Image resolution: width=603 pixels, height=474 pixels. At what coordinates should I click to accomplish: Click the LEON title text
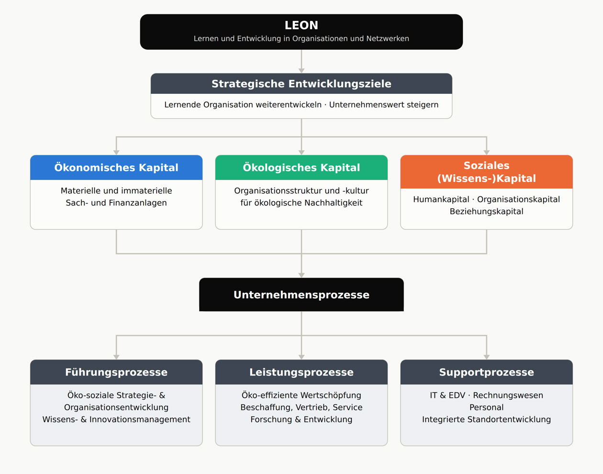[x=301, y=25]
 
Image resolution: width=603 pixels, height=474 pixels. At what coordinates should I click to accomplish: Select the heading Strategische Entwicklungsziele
[x=301, y=84]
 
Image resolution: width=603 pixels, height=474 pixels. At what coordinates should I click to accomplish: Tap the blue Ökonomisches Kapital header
[x=116, y=168]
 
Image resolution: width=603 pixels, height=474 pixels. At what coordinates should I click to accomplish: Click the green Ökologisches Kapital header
[x=301, y=168]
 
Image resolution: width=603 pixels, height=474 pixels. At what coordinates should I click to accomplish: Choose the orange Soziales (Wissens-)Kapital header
[x=486, y=172]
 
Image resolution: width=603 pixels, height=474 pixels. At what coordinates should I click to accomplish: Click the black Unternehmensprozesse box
[x=301, y=294]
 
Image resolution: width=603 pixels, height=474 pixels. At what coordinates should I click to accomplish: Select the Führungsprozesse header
[x=116, y=372]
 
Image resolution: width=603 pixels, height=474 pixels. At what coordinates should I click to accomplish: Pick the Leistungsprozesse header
[x=301, y=372]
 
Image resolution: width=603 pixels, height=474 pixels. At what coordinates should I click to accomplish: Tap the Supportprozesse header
[x=486, y=372]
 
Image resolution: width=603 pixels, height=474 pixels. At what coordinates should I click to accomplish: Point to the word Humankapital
[x=441, y=199]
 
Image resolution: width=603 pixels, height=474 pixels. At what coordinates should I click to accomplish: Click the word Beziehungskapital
[x=486, y=212]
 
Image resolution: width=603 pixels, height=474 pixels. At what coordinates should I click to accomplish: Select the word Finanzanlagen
[x=138, y=203]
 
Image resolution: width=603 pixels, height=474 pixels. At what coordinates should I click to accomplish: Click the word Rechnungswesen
[x=508, y=395]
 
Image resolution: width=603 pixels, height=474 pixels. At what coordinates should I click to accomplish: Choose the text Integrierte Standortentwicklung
[x=486, y=419]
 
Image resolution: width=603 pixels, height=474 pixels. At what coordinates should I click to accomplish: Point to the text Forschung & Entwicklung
[x=301, y=419]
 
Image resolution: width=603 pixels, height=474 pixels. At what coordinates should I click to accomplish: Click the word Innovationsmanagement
[x=140, y=419]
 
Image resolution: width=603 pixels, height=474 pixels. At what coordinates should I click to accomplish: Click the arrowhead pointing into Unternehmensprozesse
[x=301, y=275]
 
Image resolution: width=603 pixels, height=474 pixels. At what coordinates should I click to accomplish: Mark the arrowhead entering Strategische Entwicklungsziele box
[x=301, y=71]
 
